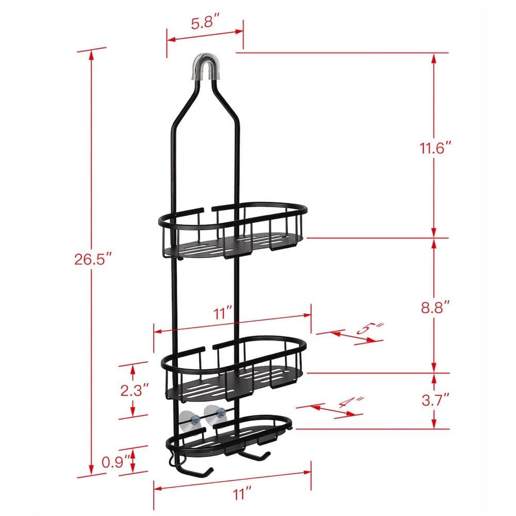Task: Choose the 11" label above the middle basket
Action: [x=223, y=312]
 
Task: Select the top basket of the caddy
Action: [x=232, y=230]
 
